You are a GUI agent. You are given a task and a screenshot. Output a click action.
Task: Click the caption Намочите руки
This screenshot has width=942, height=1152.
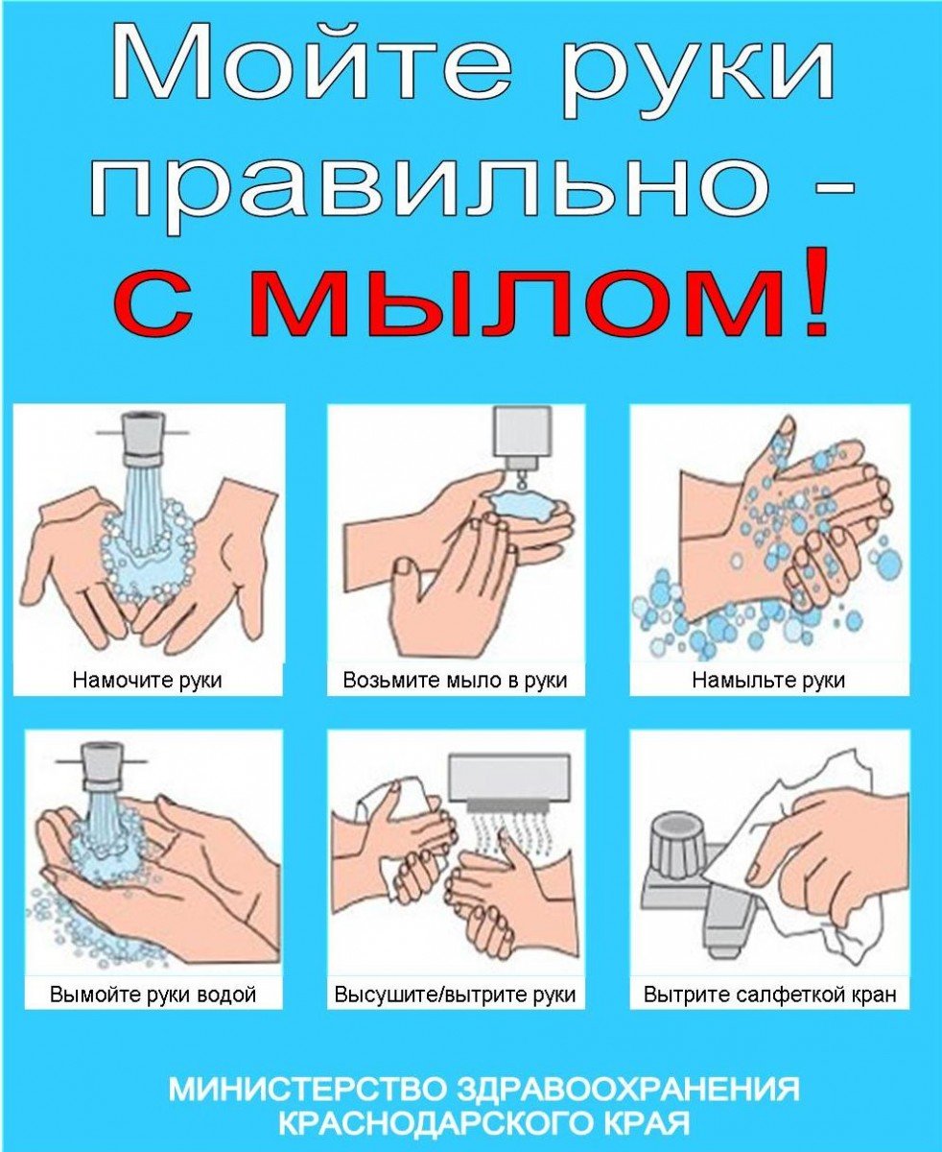[x=148, y=681]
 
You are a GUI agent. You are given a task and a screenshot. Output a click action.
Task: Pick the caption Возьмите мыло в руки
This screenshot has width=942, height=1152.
[x=455, y=681]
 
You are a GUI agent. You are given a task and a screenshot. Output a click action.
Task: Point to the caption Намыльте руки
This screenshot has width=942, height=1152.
[x=768, y=681]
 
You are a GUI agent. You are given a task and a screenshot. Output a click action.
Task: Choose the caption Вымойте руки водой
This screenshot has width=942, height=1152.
[x=153, y=994]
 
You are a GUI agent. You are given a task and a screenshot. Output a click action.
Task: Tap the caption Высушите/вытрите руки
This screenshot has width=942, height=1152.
[x=455, y=994]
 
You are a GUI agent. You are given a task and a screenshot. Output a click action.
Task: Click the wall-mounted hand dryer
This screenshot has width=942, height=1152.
[x=510, y=777]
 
